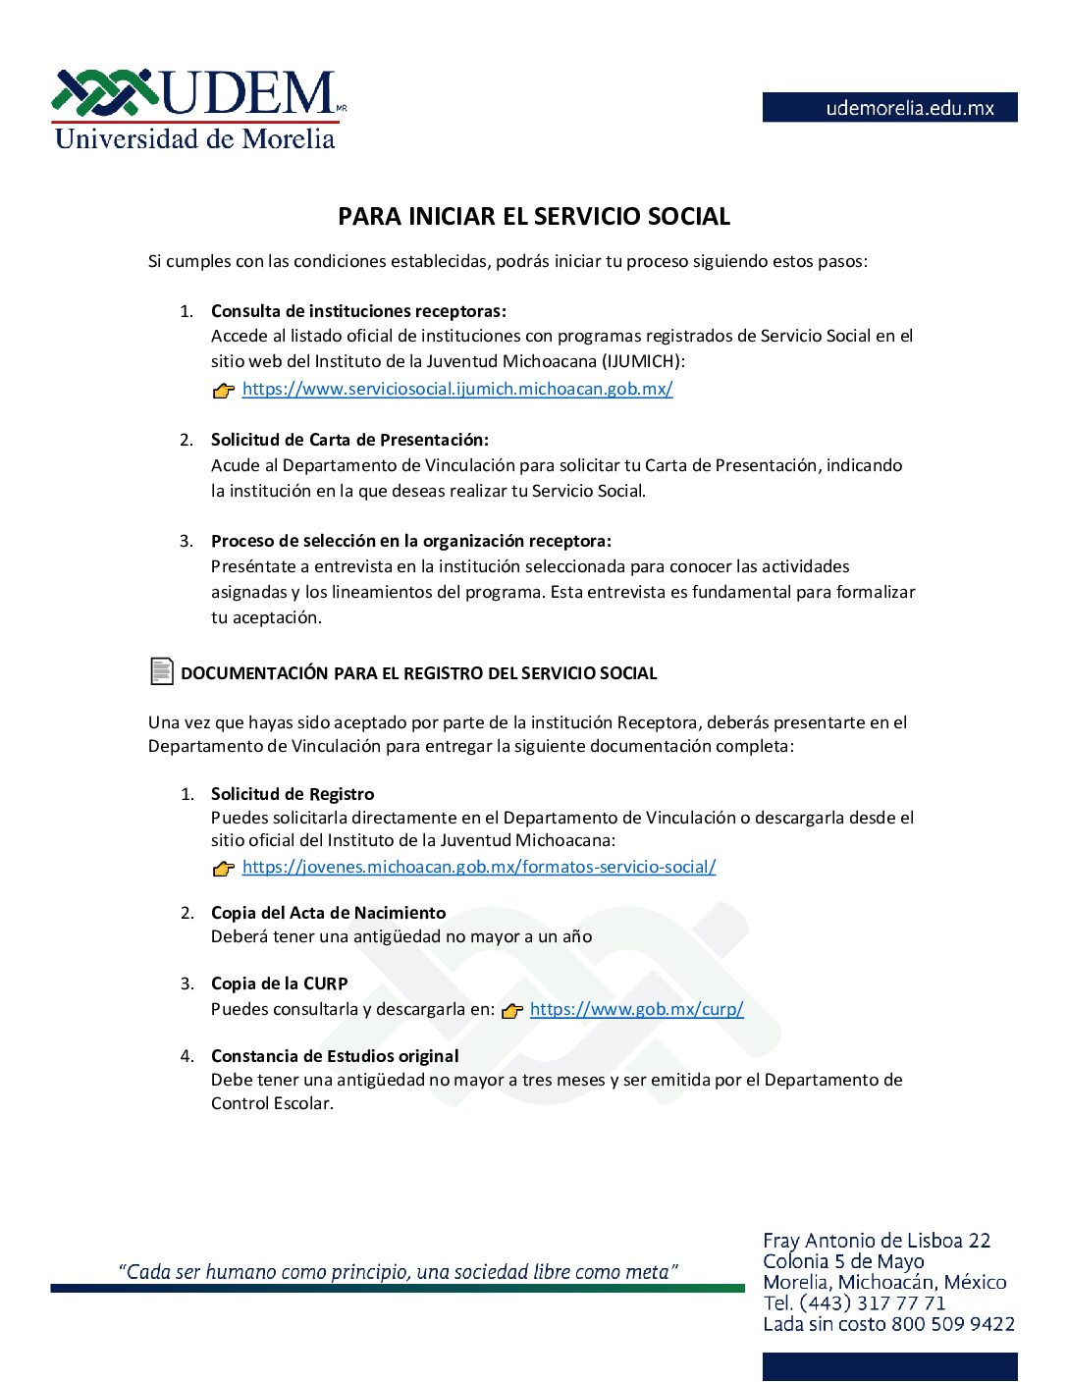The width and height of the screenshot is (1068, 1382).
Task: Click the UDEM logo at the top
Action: (196, 108)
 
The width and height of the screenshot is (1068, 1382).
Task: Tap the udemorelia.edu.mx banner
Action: (889, 108)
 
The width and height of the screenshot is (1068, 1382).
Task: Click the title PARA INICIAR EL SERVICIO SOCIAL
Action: (534, 217)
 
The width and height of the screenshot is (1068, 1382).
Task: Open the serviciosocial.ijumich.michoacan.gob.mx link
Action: (457, 389)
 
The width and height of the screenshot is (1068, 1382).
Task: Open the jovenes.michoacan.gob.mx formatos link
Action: (479, 867)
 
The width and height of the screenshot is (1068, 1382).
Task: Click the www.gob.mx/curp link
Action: (636, 1009)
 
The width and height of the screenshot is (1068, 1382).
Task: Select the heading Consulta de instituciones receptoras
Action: (358, 311)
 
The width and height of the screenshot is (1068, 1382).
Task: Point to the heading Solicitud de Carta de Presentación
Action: (349, 440)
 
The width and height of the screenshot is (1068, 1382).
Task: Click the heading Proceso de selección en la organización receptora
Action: (410, 541)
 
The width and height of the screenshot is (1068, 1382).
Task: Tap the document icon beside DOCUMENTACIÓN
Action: (162, 671)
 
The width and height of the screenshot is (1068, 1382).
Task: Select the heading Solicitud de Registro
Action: (293, 794)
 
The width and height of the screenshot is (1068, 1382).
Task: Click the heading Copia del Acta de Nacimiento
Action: (328, 913)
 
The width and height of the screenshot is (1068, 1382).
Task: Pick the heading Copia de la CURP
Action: (279, 983)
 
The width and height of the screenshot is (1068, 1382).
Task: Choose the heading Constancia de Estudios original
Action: (335, 1056)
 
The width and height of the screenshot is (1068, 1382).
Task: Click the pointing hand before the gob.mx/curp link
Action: (512, 1011)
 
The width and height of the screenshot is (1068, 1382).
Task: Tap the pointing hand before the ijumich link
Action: (224, 391)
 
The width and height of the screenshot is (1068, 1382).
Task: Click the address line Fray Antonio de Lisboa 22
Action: (877, 1241)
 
